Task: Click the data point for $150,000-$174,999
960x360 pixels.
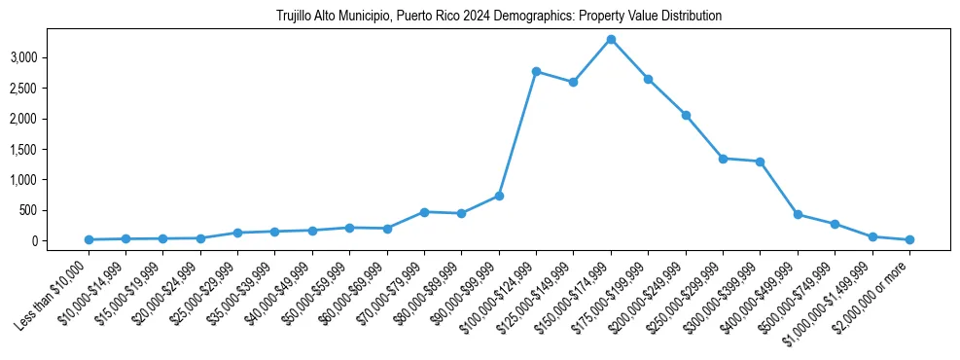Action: coord(611,39)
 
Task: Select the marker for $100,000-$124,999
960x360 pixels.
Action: coord(536,71)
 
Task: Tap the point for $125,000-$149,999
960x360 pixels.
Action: coord(574,82)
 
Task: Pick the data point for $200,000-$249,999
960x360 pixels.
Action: coord(686,115)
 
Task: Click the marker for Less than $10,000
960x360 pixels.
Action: coord(89,239)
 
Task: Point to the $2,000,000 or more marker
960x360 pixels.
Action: coord(909,239)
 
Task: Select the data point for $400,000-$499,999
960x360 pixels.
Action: coord(798,214)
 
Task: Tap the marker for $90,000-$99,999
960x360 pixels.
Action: coord(499,196)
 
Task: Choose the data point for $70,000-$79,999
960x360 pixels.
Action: coord(424,211)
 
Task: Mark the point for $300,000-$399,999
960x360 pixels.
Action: coord(761,162)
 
